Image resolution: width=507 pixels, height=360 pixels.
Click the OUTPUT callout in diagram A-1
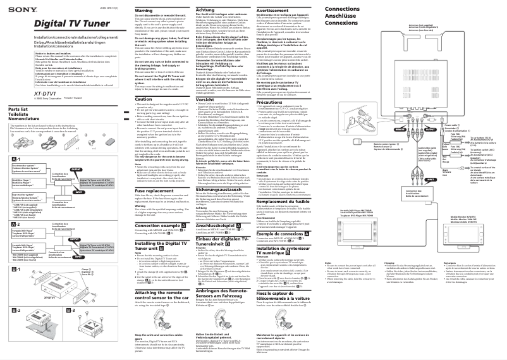click(75, 170)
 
